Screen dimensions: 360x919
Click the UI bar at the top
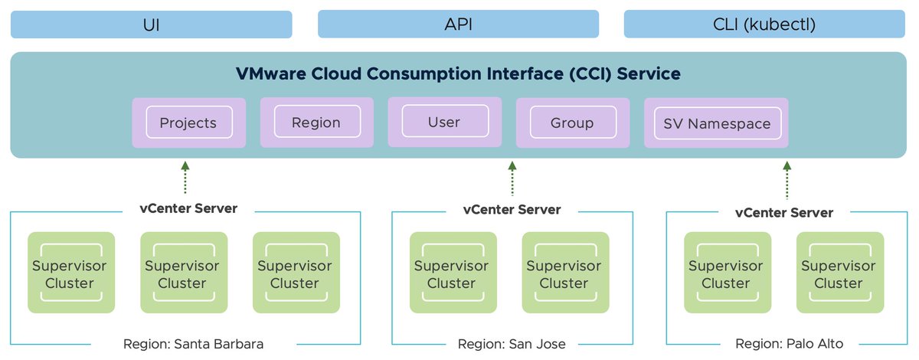151,25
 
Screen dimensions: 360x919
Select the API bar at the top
458,25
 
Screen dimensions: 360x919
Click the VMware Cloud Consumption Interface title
458,74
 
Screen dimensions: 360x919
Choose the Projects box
188,123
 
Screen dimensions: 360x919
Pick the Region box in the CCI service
316,123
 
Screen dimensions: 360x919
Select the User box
444,122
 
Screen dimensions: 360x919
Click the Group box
572,123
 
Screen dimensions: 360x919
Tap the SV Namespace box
718,123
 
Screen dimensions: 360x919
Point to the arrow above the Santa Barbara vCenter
185,178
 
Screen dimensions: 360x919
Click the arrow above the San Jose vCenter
512,178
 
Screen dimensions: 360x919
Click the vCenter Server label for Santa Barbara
188,208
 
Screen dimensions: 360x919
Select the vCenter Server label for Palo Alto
784,212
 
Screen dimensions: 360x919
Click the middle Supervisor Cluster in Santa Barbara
182,273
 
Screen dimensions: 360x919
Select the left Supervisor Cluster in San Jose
451,273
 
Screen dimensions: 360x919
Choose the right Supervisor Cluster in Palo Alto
839,273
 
